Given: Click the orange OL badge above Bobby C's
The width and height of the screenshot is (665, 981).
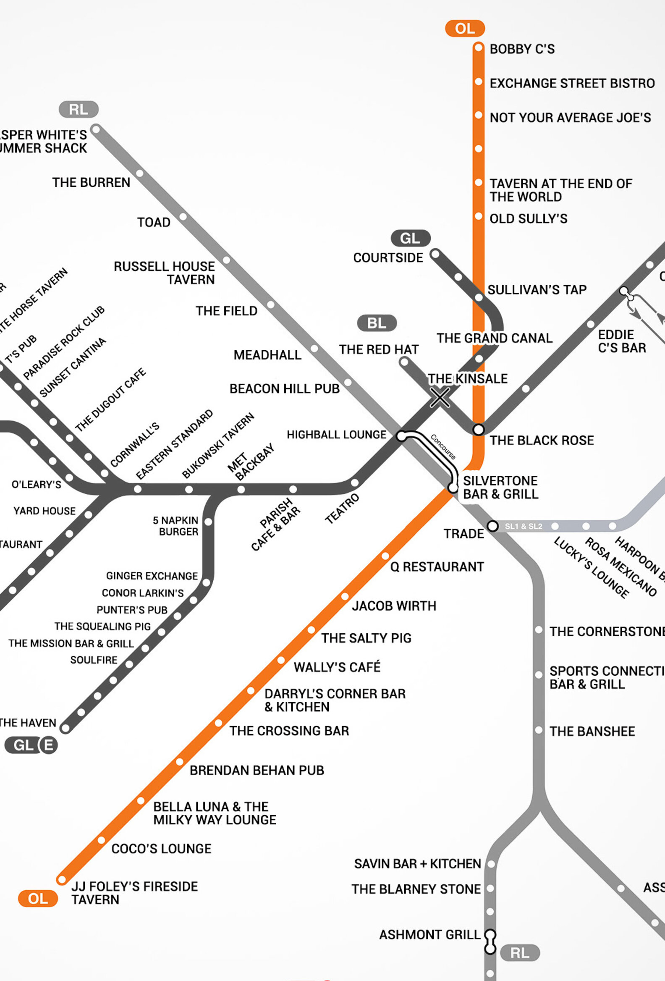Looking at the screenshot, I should (x=465, y=28).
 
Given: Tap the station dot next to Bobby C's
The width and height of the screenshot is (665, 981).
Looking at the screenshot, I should (x=478, y=48).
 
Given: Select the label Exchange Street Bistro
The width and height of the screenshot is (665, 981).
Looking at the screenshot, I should (x=572, y=83).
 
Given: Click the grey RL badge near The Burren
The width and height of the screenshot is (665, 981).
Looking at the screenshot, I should (x=79, y=109).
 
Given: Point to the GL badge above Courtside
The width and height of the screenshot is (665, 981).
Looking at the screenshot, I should (x=410, y=238).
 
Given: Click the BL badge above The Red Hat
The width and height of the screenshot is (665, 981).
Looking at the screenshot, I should (x=377, y=323).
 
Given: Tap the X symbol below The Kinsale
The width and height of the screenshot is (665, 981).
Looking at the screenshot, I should (x=440, y=397).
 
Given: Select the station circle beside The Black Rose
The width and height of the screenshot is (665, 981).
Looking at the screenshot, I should (x=478, y=429).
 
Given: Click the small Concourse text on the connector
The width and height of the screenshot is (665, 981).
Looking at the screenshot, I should (x=442, y=446).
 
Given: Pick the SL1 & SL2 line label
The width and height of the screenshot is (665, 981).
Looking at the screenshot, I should (x=523, y=526).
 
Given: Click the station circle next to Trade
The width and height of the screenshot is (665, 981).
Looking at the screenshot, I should (x=492, y=526).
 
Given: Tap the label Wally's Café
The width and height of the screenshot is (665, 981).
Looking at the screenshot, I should (x=337, y=667).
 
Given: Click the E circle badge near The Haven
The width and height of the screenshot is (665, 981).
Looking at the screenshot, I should (x=49, y=745).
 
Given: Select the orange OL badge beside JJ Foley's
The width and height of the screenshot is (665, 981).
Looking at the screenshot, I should (x=37, y=899).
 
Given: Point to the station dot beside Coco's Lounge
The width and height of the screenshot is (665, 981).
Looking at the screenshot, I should (x=102, y=840).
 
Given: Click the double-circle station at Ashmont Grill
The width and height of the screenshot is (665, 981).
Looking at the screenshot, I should (x=490, y=942).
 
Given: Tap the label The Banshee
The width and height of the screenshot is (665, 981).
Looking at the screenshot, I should (x=592, y=731).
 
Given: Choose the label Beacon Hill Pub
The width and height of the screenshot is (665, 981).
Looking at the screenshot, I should (x=284, y=388).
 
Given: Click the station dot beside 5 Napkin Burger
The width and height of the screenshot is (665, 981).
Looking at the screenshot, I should (x=208, y=522).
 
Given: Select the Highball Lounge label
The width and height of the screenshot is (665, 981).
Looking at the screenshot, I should (x=336, y=434).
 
